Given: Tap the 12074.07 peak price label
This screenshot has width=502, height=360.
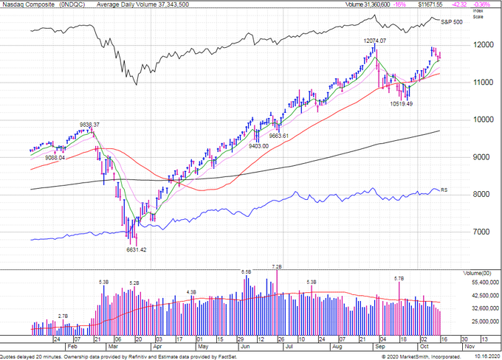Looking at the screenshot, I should click(x=375, y=40).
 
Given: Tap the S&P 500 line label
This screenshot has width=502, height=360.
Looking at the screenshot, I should click(x=451, y=23).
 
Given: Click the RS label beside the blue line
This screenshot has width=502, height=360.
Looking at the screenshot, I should click(x=444, y=190).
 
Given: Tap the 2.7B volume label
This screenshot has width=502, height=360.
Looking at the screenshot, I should click(x=63, y=316).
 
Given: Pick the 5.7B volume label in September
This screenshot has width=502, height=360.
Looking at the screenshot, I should click(x=399, y=278).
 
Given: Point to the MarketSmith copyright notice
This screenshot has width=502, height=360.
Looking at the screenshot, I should click(x=439, y=356).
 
